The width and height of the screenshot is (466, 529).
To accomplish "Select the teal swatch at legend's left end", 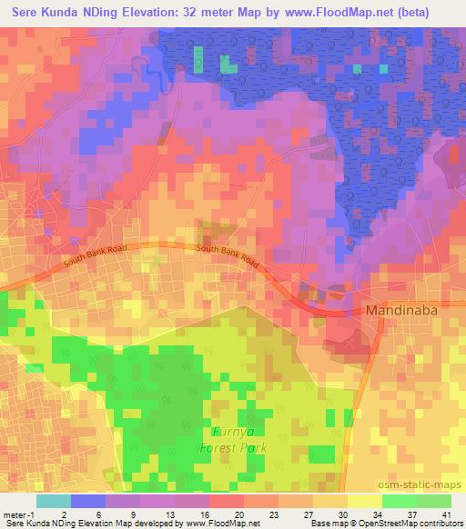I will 54,501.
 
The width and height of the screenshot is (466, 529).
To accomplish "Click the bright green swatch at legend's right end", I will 433,501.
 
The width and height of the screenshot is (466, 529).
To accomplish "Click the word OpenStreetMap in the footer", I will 375,523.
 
